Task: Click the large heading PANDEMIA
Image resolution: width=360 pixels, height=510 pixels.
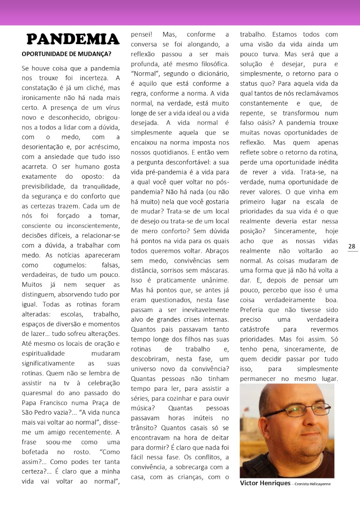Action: point(73,39)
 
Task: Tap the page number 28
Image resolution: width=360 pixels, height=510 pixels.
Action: point(352,246)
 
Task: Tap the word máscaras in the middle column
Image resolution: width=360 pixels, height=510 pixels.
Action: point(211,271)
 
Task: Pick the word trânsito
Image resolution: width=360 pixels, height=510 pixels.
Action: point(145,428)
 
